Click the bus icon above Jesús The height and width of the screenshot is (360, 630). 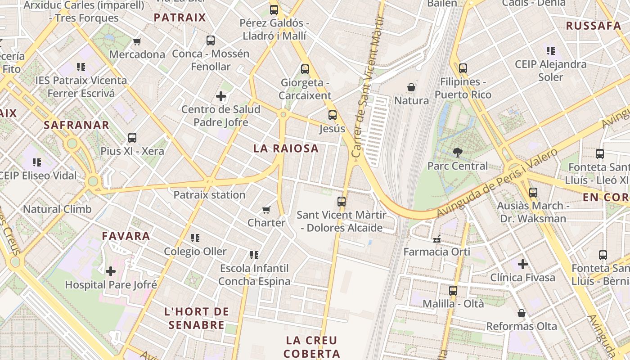click(x=333, y=115)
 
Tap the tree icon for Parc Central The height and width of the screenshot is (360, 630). click(x=458, y=152)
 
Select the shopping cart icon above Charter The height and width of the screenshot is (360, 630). click(x=266, y=210)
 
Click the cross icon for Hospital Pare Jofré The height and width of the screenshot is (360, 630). click(x=111, y=271)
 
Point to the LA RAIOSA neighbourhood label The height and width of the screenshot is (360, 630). click(x=286, y=148)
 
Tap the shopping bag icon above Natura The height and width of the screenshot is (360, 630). click(x=411, y=87)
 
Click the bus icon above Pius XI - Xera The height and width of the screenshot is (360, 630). click(x=132, y=138)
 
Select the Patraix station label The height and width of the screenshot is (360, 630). click(x=209, y=195)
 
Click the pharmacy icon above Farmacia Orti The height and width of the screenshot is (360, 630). click(x=436, y=238)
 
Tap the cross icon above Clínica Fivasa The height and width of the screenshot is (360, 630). click(x=522, y=264)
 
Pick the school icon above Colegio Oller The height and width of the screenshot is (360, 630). click(x=195, y=238)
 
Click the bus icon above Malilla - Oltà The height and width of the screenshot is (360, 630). click(x=453, y=290)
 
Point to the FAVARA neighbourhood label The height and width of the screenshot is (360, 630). click(x=126, y=236)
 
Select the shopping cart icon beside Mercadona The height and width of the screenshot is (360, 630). click(x=137, y=42)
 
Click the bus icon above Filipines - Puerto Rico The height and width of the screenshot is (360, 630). click(x=463, y=68)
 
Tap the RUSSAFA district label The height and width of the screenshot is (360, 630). click(x=593, y=26)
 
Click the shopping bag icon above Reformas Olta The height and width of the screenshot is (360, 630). click(x=522, y=313)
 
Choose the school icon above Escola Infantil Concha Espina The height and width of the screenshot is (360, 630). click(x=254, y=255)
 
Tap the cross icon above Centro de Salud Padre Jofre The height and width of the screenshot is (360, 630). click(x=221, y=96)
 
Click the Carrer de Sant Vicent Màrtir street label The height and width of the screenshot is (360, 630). click(x=369, y=88)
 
